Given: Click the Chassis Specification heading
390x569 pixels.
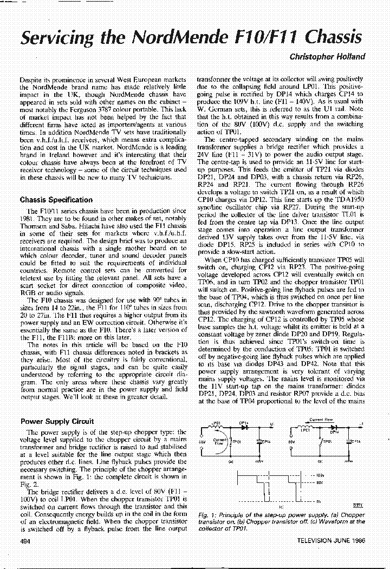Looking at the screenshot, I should [56, 200].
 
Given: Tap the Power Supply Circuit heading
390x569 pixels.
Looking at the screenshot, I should [57, 421].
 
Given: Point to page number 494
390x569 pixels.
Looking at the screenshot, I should [25, 542].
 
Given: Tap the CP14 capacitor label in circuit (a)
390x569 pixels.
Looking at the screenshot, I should [266, 441].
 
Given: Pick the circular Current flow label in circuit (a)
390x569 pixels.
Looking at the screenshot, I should [219, 441].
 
